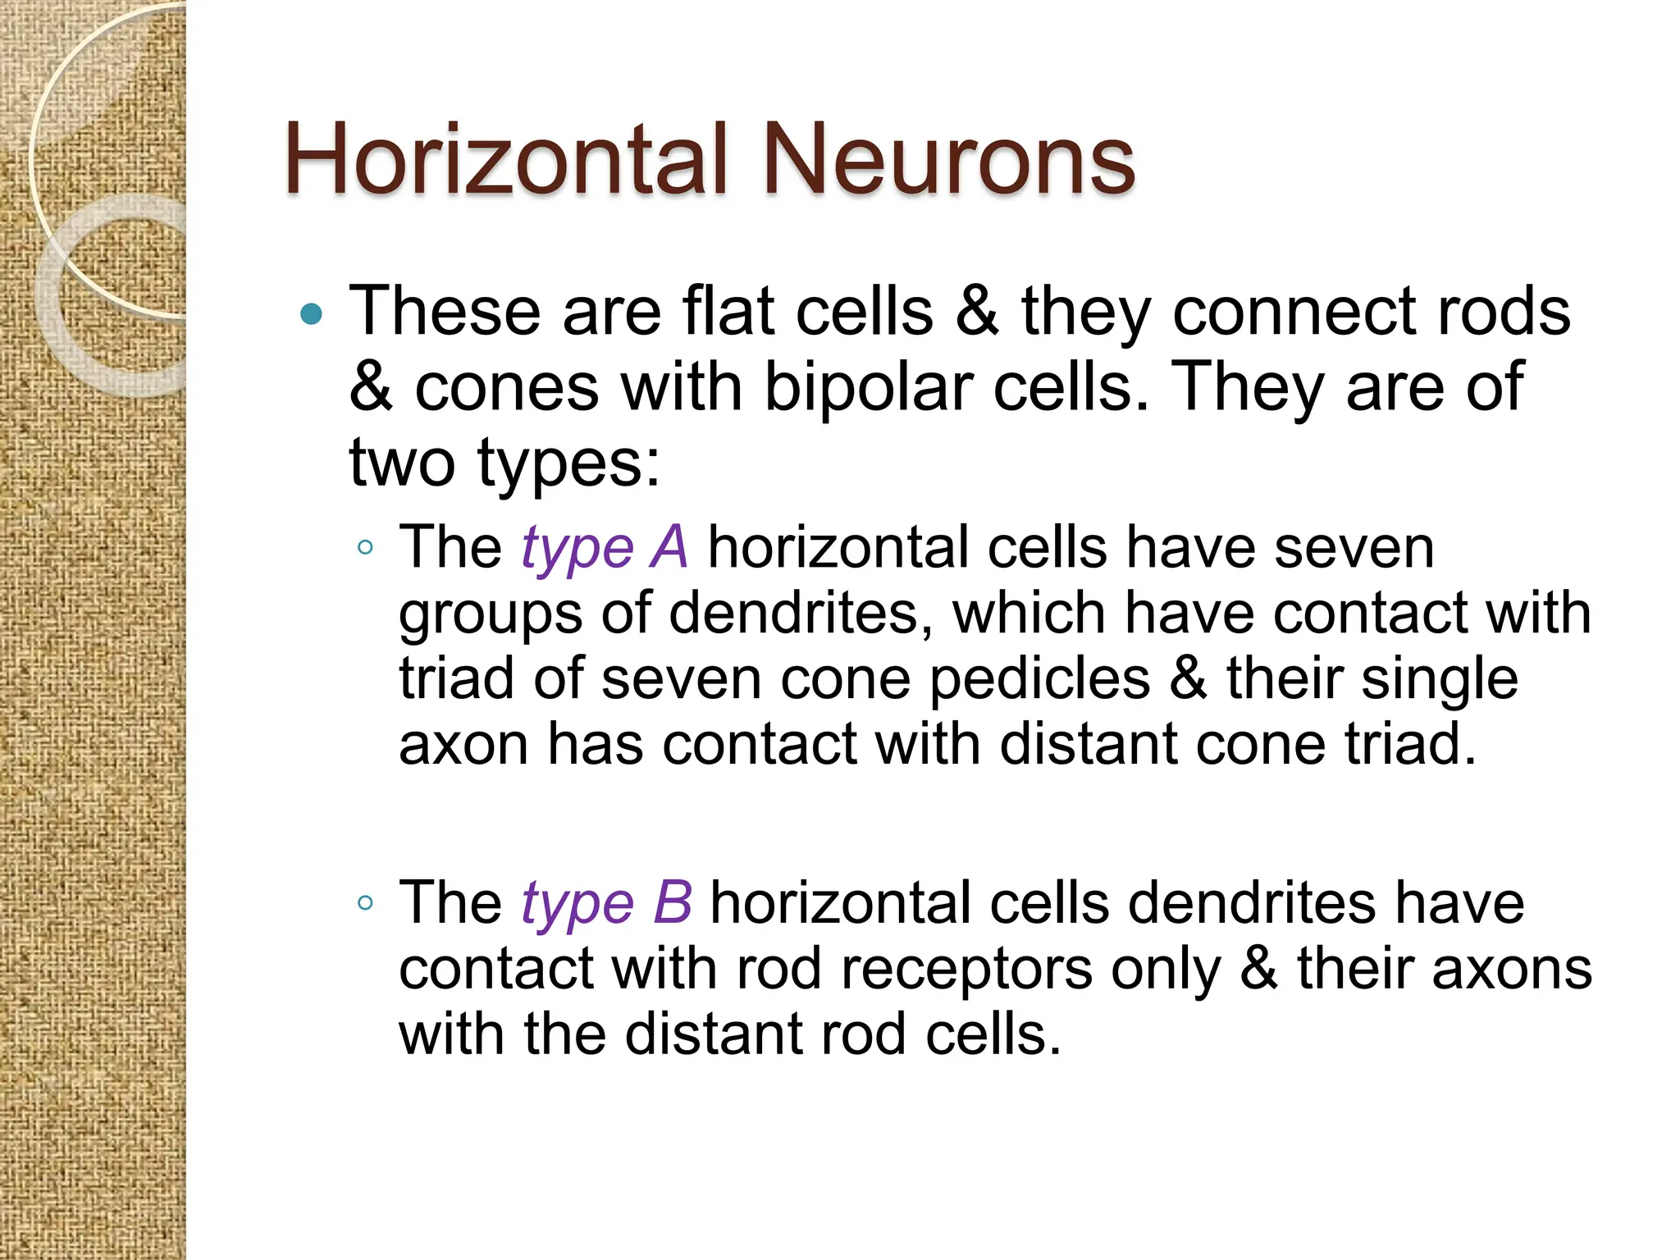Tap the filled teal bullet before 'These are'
click(x=312, y=314)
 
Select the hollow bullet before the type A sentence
click(x=366, y=548)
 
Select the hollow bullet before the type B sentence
click(x=366, y=903)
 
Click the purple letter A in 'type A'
click(x=669, y=547)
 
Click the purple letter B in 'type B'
click(x=673, y=902)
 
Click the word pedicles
click(x=1039, y=679)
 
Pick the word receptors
click(x=966, y=970)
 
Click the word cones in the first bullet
click(x=506, y=387)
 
